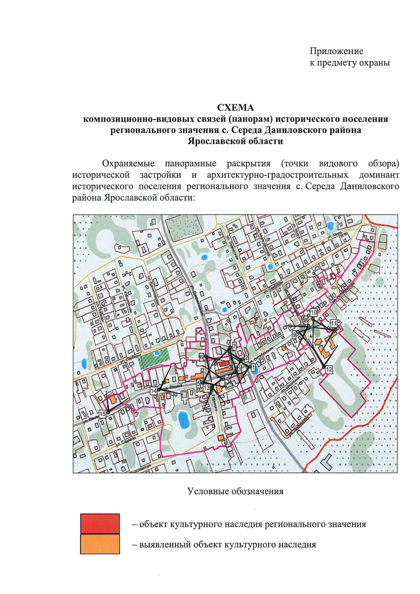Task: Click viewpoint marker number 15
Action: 102,414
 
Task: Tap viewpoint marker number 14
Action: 153,391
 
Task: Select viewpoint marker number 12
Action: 328,369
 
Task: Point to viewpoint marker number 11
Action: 334,323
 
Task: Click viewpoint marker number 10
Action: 314,313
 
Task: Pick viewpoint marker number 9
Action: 294,335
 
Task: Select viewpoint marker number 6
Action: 202,357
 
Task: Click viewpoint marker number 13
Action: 206,387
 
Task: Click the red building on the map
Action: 223,364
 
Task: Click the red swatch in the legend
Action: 100,523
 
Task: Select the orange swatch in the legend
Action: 100,544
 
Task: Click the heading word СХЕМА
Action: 235,107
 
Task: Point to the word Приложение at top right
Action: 336,51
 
